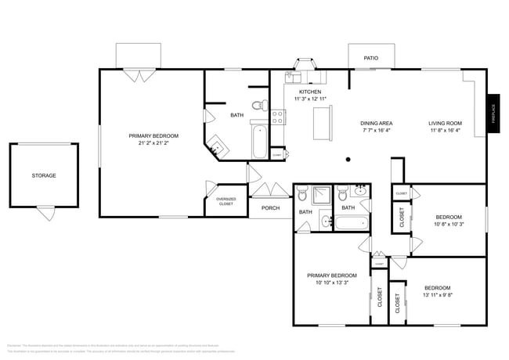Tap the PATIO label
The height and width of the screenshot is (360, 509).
(x=370, y=58)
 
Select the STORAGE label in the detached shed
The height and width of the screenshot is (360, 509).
(x=44, y=175)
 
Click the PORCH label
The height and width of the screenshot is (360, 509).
(x=270, y=208)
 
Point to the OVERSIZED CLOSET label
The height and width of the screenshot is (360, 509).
(x=226, y=201)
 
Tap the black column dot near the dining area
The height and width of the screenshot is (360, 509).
(x=348, y=159)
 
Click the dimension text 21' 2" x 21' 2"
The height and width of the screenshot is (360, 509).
(x=153, y=143)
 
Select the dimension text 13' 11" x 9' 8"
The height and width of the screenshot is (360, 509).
(x=437, y=296)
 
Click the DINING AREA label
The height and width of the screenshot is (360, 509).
(x=376, y=124)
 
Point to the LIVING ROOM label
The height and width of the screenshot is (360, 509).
(x=445, y=124)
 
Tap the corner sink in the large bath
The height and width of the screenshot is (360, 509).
(x=216, y=145)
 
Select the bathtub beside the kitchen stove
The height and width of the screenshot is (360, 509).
(x=259, y=140)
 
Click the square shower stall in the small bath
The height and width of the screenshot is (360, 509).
(x=323, y=195)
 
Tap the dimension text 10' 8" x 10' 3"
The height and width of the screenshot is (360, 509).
(x=449, y=225)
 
